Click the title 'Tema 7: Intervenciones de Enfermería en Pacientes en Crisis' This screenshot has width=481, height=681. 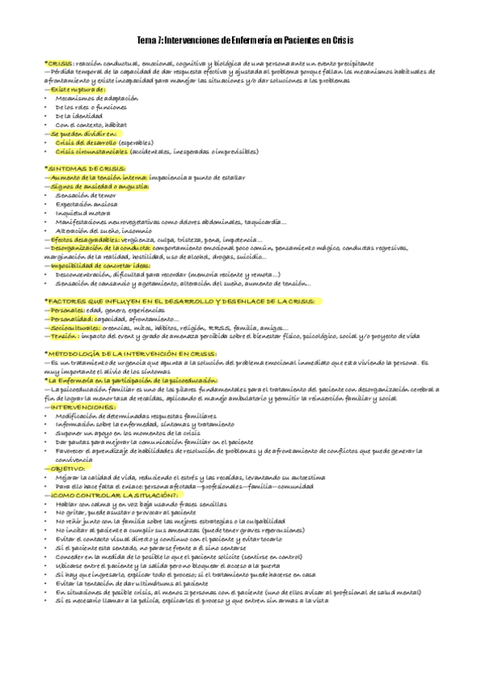coord(240,40)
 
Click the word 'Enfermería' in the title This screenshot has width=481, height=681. coord(247,40)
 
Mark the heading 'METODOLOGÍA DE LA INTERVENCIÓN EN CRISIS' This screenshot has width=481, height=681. coord(130,354)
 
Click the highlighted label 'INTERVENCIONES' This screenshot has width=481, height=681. coord(80,407)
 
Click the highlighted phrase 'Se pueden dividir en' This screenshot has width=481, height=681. coord(77,133)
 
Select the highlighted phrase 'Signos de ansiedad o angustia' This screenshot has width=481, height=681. coord(98,186)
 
